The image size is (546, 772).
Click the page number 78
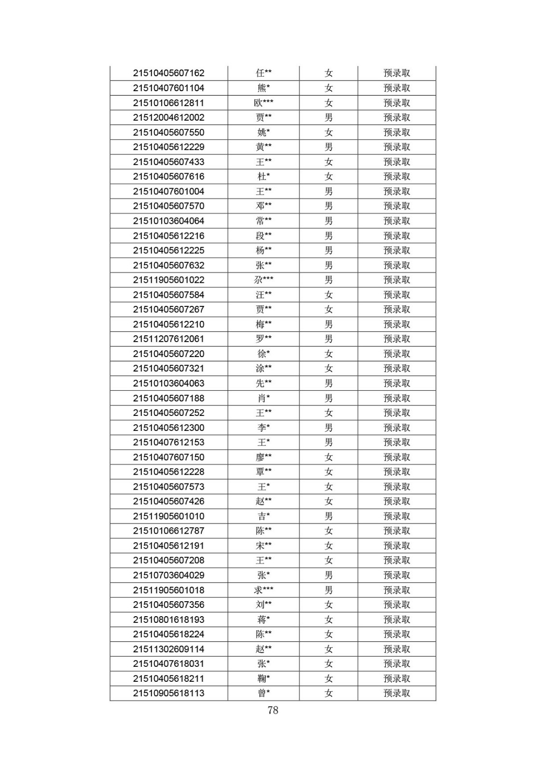coord(273,710)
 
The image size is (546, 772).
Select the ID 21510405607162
coord(168,73)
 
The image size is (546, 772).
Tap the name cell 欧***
coord(264,103)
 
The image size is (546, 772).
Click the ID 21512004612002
coord(168,118)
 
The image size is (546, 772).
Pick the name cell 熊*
coord(264,88)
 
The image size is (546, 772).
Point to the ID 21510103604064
coord(168,221)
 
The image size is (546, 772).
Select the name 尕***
coord(264,280)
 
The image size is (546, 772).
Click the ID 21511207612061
coord(168,339)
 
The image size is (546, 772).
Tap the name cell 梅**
coord(264,324)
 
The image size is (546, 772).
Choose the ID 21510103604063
coord(168,383)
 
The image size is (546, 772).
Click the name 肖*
coord(264,398)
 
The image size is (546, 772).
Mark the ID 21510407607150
coord(168,457)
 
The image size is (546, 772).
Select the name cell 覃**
coord(264,472)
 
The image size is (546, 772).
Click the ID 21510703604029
coord(168,575)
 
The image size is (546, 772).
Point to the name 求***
coord(264,590)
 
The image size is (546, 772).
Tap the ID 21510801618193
coord(168,620)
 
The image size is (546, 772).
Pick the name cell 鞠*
coord(264,678)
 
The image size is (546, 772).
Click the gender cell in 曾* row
coord(328,693)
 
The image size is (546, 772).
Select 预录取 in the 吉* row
coord(396,516)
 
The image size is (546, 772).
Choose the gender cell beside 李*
coord(328,427)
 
